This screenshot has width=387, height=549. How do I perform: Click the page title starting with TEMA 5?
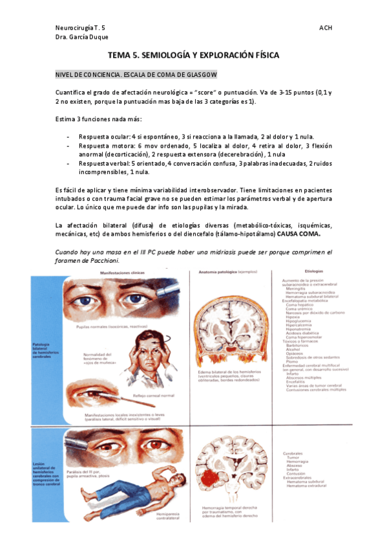click(193, 56)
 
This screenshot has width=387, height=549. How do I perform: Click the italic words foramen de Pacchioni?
click(81, 260)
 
